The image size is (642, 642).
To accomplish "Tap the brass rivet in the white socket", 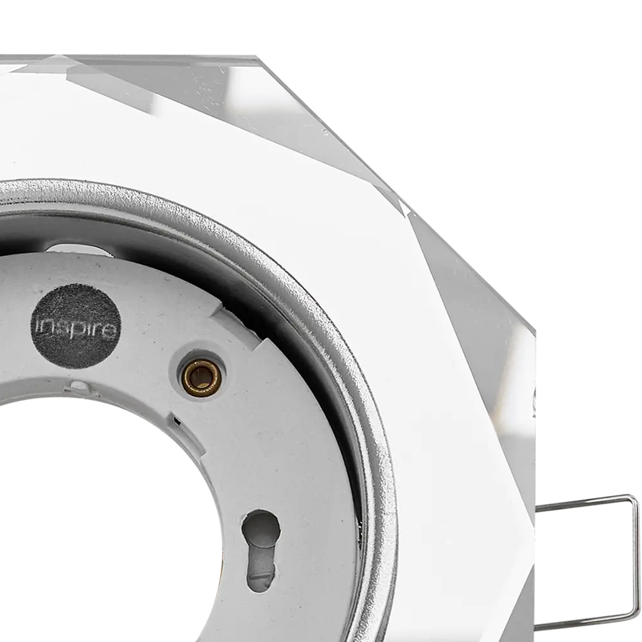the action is (202, 376).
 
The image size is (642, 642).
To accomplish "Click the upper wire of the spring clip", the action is (586, 503).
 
